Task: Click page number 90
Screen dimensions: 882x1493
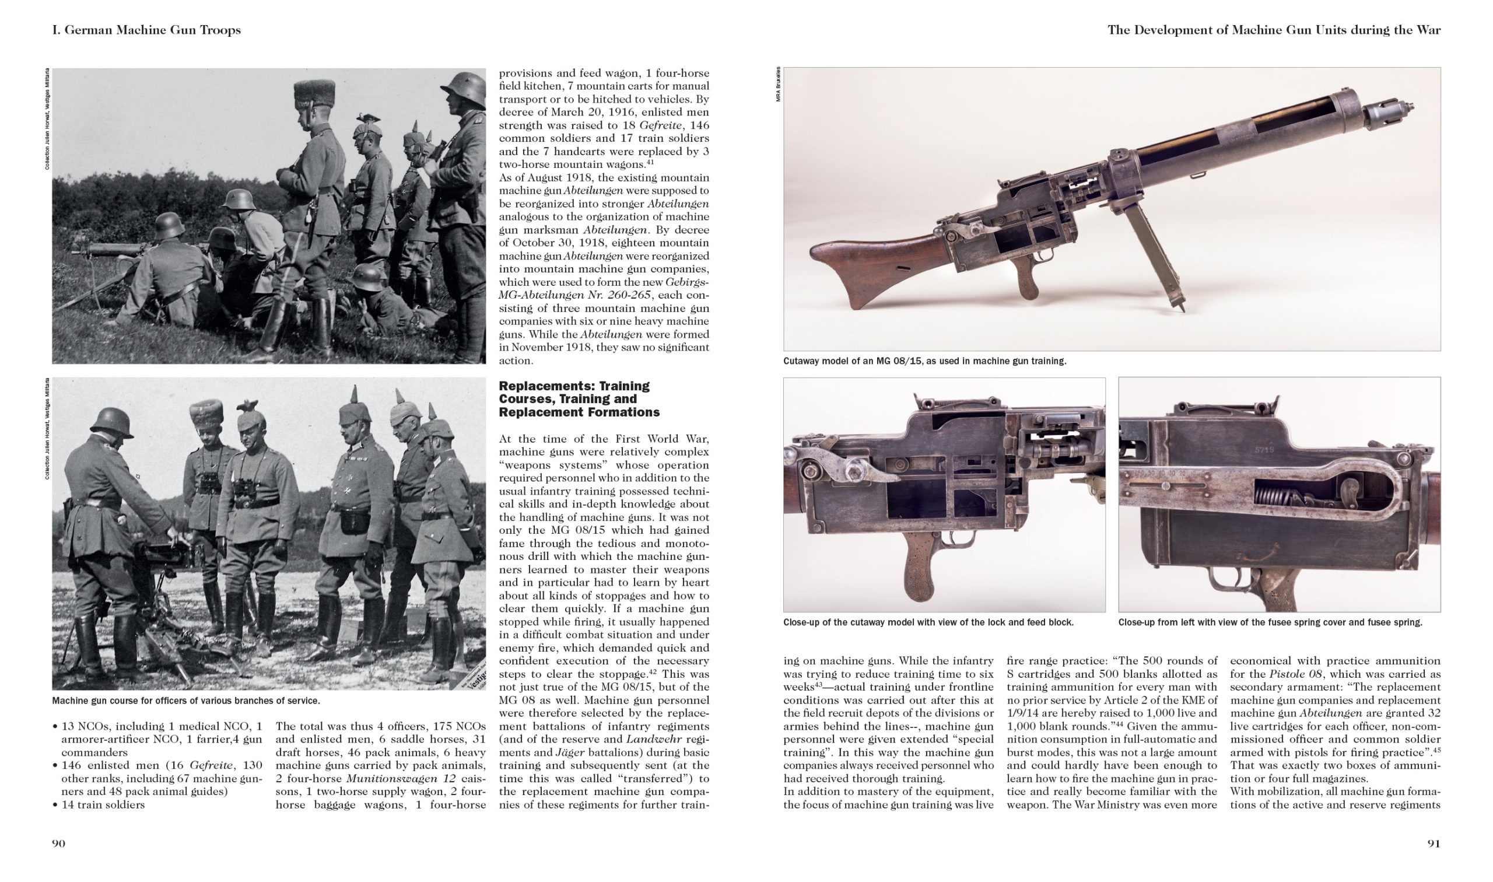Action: click(x=58, y=843)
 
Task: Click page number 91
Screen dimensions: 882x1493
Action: click(x=1434, y=843)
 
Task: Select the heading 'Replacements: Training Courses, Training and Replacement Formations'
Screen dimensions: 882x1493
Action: click(x=579, y=399)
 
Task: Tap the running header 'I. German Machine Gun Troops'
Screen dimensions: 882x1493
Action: click(x=146, y=30)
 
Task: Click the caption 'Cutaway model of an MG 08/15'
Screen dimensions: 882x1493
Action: click(x=924, y=360)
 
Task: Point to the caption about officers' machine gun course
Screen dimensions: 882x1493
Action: click(x=185, y=701)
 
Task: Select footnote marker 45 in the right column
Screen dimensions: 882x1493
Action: click(x=1435, y=750)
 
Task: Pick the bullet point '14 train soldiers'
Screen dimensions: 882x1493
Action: click(x=103, y=805)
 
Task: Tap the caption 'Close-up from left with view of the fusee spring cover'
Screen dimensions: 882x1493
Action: click(x=1270, y=622)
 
